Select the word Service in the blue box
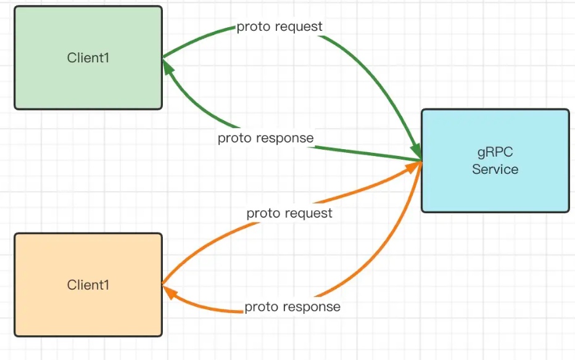coord(495,169)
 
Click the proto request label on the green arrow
coord(279,27)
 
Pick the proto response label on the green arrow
coord(265,138)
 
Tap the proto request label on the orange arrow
coord(289,213)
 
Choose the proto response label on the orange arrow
coord(292,306)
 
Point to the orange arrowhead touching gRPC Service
coord(415,166)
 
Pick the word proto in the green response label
coord(233,138)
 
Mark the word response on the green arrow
coord(284,138)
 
